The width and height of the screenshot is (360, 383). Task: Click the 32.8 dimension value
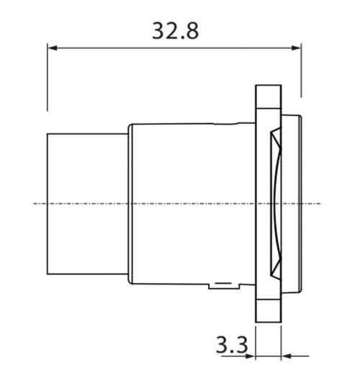click(x=175, y=31)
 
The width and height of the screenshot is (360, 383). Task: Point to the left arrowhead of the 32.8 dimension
click(x=53, y=49)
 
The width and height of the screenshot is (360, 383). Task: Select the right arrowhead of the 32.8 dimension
click(x=297, y=49)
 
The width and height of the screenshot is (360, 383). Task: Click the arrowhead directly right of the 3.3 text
click(x=251, y=355)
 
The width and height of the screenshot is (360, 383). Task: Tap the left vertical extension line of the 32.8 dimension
click(x=48, y=79)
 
